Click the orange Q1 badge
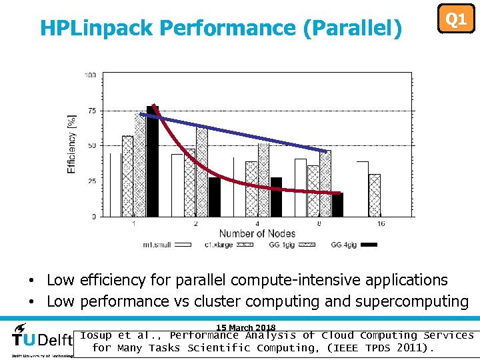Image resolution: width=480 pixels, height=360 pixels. (455, 19)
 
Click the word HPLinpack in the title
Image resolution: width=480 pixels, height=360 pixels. (97, 28)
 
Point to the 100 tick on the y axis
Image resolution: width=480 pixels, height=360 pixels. (90, 75)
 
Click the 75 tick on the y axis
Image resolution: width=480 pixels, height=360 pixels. (91, 111)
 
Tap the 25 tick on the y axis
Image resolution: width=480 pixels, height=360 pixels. (91, 181)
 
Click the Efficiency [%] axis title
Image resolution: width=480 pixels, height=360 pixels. (71, 145)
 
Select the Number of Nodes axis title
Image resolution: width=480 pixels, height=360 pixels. (257, 233)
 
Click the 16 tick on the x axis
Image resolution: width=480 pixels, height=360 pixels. (381, 223)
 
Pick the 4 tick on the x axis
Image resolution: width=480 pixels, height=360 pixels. (257, 223)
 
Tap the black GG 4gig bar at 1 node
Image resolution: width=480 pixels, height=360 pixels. (153, 161)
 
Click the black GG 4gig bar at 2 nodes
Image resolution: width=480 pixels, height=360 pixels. (214, 197)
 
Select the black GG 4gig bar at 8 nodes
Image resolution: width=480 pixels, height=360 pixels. (337, 205)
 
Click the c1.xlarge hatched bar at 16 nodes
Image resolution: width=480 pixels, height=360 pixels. (375, 195)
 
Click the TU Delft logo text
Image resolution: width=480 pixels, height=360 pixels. (42, 339)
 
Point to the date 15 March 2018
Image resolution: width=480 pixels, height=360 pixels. (245, 327)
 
